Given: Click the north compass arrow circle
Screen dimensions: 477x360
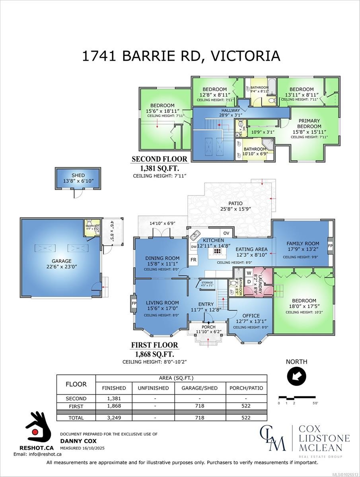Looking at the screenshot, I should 296,375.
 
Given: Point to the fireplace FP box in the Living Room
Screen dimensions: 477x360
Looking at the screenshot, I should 134,303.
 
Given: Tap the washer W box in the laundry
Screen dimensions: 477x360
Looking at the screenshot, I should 249,273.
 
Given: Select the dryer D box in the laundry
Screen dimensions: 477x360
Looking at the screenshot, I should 249,281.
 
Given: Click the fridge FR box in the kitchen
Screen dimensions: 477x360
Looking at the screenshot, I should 193,260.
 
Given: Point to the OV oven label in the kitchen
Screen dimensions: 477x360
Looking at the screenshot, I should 226,233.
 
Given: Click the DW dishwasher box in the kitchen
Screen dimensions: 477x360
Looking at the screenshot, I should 194,247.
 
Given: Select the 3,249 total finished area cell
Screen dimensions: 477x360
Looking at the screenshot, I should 114,418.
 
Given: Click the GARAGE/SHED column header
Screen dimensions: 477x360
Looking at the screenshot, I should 199,388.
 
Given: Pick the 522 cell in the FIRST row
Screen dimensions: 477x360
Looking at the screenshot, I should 246,406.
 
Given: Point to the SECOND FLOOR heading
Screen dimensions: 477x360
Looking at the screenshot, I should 159,159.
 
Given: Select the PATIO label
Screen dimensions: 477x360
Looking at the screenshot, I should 235,203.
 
